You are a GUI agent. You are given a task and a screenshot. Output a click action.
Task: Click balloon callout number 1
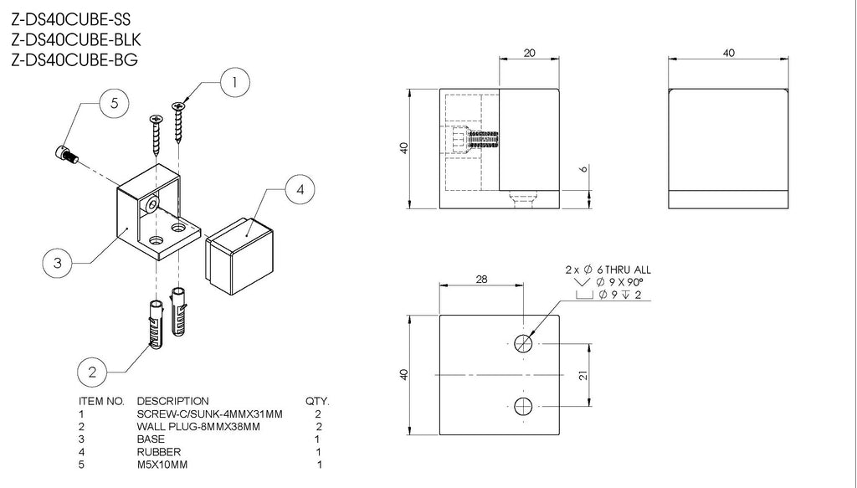tap(234, 81)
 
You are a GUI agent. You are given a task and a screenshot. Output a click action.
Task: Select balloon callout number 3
tap(57, 263)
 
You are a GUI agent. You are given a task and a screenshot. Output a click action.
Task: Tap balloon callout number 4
tap(299, 190)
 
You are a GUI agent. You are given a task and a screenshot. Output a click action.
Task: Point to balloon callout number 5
tap(114, 104)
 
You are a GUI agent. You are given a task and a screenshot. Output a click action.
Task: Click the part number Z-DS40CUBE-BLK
tap(74, 39)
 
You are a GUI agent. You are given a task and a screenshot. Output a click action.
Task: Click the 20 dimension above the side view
tap(529, 52)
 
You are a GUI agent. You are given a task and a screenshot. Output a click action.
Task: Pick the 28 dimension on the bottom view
tap(481, 280)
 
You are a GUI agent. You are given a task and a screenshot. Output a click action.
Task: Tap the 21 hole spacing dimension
tap(583, 376)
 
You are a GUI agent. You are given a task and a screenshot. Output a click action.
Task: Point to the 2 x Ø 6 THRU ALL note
tap(608, 270)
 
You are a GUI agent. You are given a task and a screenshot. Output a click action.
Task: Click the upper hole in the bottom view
tap(524, 343)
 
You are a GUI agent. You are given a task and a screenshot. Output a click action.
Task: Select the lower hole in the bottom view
tap(524, 407)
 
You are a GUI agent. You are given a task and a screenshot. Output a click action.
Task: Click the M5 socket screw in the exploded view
tap(65, 154)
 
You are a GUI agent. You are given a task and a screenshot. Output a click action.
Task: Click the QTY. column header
tap(318, 401)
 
